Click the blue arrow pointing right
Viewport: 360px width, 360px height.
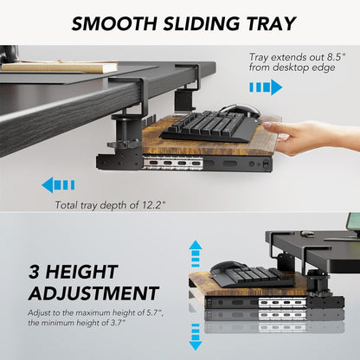(x=266, y=87)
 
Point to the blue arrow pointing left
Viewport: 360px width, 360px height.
(x=59, y=184)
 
